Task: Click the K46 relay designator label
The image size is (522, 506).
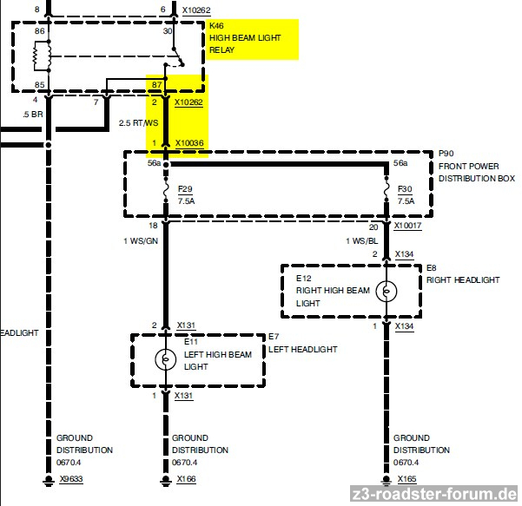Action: pyautogui.click(x=216, y=26)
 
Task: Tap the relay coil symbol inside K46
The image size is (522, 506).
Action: pyautogui.click(x=42, y=56)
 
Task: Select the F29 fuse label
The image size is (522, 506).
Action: pyautogui.click(x=185, y=189)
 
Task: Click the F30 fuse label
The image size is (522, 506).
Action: pyautogui.click(x=405, y=189)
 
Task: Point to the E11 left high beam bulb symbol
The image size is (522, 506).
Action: pyautogui.click(x=165, y=359)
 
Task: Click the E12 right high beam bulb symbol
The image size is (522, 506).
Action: pyautogui.click(x=387, y=291)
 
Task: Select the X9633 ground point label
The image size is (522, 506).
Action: pyautogui.click(x=71, y=479)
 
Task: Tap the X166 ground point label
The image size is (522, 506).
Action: pyautogui.click(x=186, y=479)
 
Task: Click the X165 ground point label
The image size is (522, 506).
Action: pyautogui.click(x=406, y=479)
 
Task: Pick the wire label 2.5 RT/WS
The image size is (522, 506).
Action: pyautogui.click(x=138, y=123)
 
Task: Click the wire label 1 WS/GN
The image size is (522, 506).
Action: pyautogui.click(x=141, y=241)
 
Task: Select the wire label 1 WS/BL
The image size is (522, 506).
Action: pyautogui.click(x=362, y=241)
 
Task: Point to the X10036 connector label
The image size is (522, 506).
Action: pyautogui.click(x=189, y=143)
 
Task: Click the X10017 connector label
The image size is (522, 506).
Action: pyautogui.click(x=408, y=226)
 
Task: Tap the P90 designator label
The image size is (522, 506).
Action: pyautogui.click(x=446, y=154)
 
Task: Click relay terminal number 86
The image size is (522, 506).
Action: pyautogui.click(x=39, y=31)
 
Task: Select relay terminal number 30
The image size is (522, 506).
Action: pyautogui.click(x=168, y=31)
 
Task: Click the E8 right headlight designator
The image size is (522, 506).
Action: pyautogui.click(x=431, y=268)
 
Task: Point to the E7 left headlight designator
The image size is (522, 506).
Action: pyautogui.click(x=274, y=337)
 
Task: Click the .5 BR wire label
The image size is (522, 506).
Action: pyautogui.click(x=33, y=115)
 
